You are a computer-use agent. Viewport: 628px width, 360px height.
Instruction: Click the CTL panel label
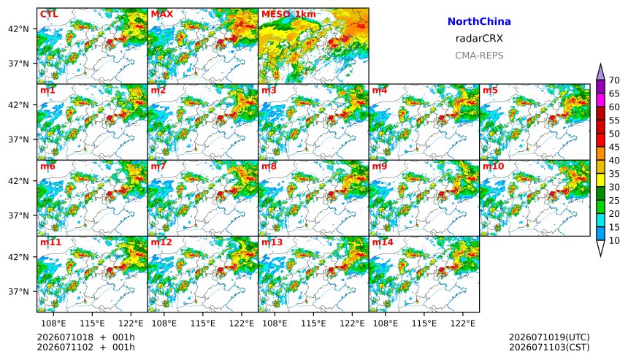[x=49, y=14]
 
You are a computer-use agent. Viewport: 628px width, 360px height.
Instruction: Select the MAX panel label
[x=162, y=14]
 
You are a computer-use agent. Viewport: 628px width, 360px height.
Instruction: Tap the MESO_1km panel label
[x=288, y=14]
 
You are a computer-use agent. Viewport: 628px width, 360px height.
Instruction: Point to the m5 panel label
[x=490, y=90]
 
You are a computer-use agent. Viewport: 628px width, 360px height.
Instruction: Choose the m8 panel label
[x=269, y=166]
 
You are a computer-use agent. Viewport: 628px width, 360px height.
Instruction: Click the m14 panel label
[x=383, y=242]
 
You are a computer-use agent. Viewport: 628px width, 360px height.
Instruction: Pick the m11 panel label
[x=50, y=242]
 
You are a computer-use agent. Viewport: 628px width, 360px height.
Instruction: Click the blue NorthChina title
[x=479, y=22]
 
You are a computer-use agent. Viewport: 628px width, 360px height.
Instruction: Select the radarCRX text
[x=479, y=39]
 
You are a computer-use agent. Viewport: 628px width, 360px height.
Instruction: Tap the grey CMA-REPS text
[x=479, y=55]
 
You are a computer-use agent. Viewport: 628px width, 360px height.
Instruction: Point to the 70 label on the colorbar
[x=614, y=80]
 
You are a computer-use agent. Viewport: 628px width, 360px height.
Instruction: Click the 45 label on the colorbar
[x=614, y=147]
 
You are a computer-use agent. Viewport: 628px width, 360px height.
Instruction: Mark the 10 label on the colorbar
[x=614, y=241]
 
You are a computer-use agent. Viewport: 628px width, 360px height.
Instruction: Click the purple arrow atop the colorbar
[x=600, y=72]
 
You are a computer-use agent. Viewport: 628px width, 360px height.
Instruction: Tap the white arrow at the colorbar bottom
[x=600, y=248]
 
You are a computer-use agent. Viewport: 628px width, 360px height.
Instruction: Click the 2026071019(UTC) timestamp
[x=549, y=337]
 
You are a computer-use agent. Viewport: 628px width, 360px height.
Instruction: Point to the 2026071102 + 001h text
[x=85, y=347]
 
